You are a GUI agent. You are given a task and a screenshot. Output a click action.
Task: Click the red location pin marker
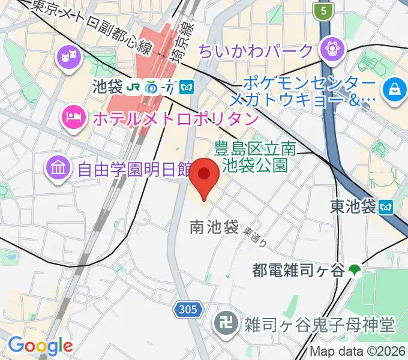204,178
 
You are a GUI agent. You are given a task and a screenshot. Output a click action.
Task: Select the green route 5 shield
323,10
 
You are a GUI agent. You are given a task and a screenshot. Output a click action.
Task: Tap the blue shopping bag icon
394,91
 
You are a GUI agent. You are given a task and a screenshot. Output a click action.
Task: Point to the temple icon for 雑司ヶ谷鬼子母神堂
226,325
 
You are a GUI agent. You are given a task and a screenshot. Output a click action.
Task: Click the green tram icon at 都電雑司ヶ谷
355,271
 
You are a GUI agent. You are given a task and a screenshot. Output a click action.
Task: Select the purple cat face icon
67,58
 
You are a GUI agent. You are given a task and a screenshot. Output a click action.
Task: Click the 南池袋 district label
214,227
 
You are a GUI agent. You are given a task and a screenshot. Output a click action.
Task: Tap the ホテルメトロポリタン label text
175,118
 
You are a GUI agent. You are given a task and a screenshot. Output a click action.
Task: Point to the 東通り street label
255,235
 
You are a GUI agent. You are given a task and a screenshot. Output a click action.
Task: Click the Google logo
40,345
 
